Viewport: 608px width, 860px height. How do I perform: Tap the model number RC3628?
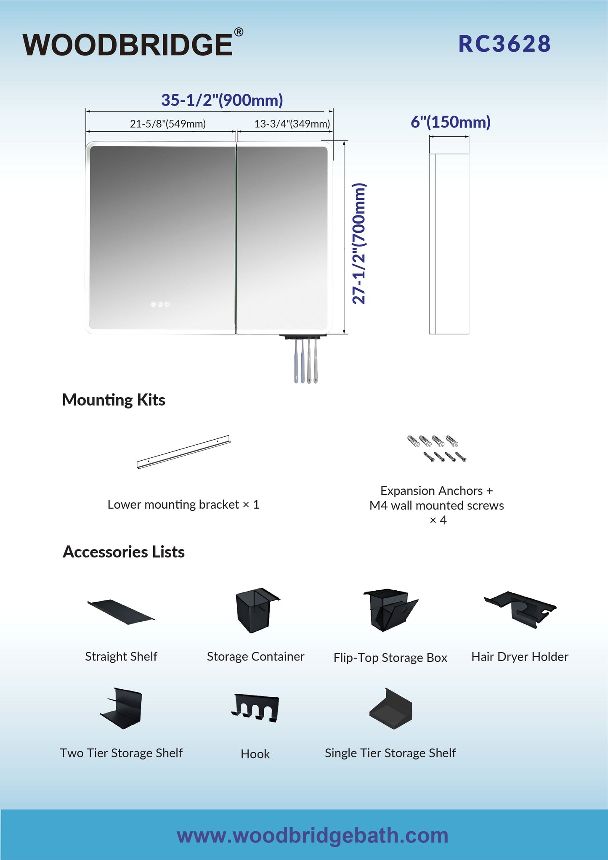coord(504,44)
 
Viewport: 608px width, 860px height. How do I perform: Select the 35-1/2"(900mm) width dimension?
coord(222,100)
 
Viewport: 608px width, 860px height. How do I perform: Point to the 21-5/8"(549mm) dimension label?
coord(168,124)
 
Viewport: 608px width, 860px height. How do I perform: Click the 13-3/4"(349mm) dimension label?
coord(292,124)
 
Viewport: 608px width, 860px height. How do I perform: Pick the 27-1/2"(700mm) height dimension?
coord(359,244)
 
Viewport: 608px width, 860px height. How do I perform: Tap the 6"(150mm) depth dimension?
coord(451,122)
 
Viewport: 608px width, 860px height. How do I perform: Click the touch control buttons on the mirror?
coord(160,304)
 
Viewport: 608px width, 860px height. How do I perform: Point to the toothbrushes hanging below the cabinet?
coord(306,360)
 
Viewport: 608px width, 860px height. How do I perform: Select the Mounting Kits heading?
coord(114,400)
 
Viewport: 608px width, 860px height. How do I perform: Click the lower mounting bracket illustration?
coord(183,452)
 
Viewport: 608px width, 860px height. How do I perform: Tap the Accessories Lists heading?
coord(124,552)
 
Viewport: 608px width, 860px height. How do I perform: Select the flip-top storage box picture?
coord(390,610)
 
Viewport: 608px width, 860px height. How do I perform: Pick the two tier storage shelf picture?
coord(121,709)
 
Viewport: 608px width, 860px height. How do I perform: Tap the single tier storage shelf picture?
coord(390,709)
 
